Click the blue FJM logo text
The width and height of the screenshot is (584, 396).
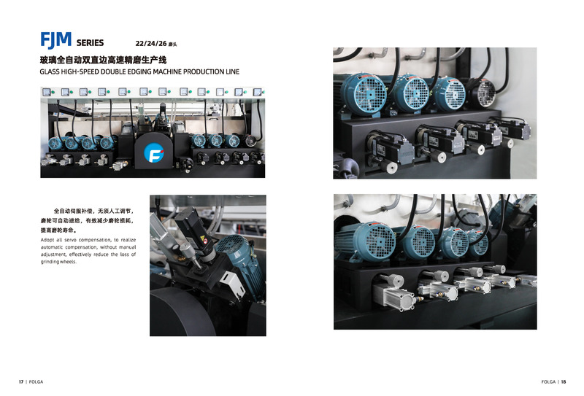pyautogui.click(x=56, y=40)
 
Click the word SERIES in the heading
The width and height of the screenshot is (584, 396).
pyautogui.click(x=90, y=43)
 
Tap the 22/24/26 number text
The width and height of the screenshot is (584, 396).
pyautogui.click(x=151, y=44)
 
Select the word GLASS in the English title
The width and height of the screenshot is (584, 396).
pyautogui.click(x=50, y=71)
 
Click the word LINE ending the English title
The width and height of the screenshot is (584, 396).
pyautogui.click(x=232, y=71)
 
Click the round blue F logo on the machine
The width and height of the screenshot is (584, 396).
pyautogui.click(x=154, y=152)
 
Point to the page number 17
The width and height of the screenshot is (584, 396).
pyautogui.click(x=21, y=382)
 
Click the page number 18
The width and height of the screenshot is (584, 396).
pyautogui.click(x=564, y=382)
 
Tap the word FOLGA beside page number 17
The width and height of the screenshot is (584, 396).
pyautogui.click(x=36, y=382)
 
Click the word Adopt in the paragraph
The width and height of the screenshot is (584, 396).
pyautogui.click(x=47, y=240)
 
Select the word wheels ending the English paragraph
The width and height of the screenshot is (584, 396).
pyautogui.click(x=68, y=262)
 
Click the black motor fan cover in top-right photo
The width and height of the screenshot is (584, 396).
pyautogui.click(x=483, y=93)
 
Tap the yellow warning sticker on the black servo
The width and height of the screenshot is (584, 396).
pyautogui.click(x=202, y=238)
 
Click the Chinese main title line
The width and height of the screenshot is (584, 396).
pyautogui.click(x=103, y=60)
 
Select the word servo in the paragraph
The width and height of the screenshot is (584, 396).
pyautogui.click(x=70, y=240)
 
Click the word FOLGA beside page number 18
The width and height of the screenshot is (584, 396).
pyautogui.click(x=548, y=382)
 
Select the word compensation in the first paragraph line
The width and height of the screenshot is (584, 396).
pyautogui.click(x=95, y=240)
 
